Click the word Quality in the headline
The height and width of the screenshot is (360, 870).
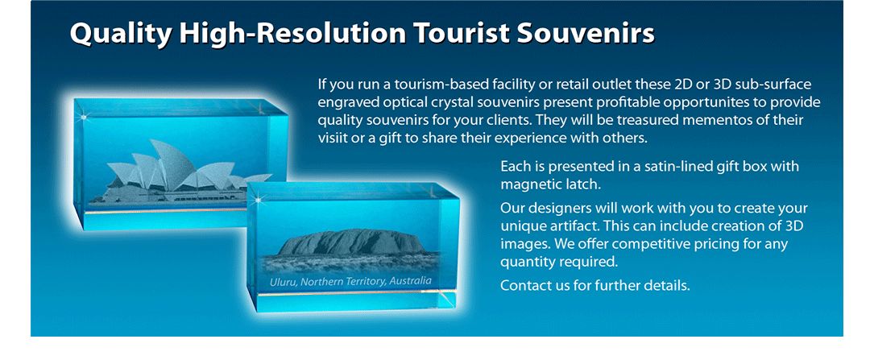point(120,35)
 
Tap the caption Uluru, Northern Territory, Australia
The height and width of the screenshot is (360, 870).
point(350,281)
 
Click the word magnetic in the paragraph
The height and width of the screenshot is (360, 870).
point(528,184)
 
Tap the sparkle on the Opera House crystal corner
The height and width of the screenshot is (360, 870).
point(85,117)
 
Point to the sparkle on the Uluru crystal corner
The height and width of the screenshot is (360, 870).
point(258,197)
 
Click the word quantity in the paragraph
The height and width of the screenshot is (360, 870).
point(525,262)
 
